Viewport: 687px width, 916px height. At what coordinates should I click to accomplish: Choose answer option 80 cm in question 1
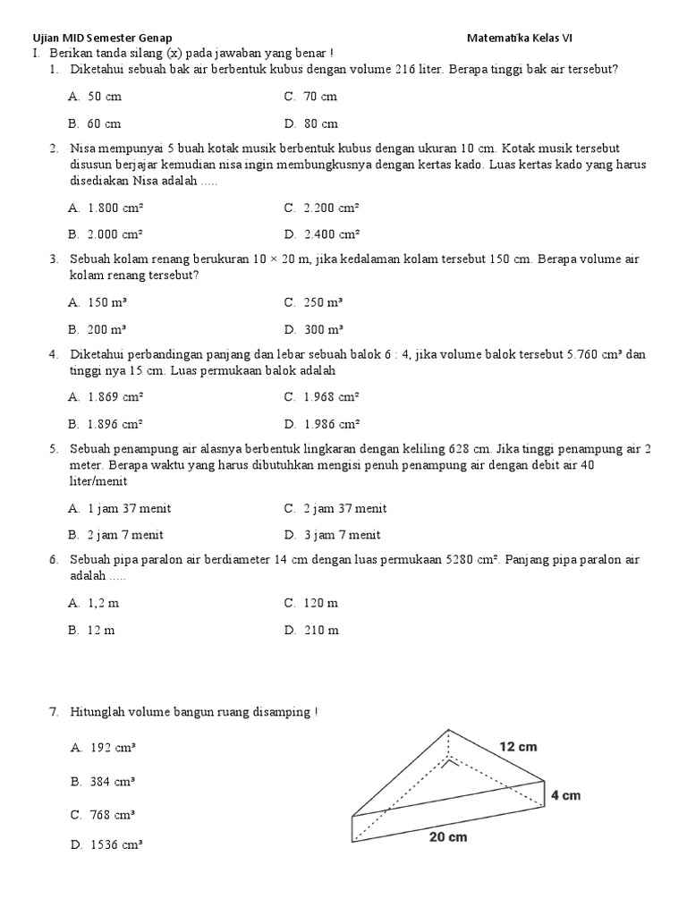point(320,123)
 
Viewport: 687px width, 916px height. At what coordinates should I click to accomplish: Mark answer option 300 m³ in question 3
point(324,329)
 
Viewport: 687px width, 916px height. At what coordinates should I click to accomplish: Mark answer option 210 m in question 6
point(321,630)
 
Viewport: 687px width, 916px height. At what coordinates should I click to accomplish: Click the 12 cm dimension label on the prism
point(519,746)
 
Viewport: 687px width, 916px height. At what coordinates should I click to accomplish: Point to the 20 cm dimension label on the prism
point(447,837)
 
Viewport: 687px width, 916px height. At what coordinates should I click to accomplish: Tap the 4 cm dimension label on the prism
point(566,795)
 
